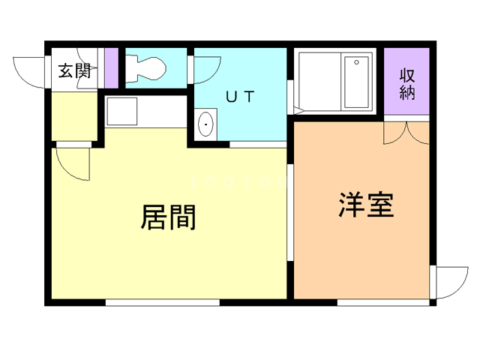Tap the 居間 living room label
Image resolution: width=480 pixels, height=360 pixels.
coord(169,217)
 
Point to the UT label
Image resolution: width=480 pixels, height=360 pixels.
coord(241,96)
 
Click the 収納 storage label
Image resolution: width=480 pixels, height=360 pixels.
coord(407,84)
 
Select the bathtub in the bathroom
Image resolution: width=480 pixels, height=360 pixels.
coord(358,81)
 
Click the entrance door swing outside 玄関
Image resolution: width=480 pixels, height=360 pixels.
coord(30,72)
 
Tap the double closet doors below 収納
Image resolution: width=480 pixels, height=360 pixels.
coord(406,132)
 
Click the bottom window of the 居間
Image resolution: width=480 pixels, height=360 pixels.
coord(163,302)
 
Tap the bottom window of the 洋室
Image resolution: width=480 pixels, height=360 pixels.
coord(382,302)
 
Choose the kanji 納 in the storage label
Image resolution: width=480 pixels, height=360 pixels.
coord(407,92)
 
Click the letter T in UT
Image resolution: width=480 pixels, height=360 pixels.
coord(250,96)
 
